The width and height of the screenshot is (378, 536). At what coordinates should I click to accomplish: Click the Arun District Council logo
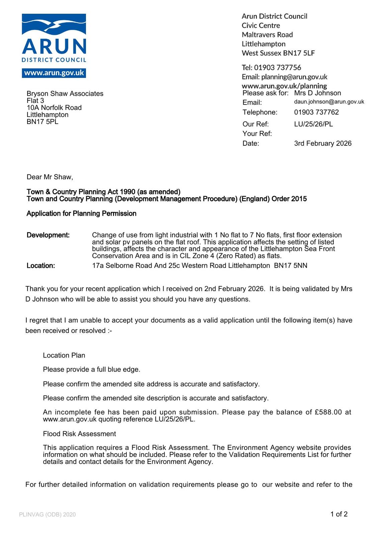54,38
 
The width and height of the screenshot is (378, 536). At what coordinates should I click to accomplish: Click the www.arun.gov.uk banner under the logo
54,73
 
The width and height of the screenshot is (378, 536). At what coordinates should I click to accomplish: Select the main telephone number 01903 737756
277,68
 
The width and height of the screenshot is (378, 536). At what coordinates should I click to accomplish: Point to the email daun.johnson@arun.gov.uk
329,102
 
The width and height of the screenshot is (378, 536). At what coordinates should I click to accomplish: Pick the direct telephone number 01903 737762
316,112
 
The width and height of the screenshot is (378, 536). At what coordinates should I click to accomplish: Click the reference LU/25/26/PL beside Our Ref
313,124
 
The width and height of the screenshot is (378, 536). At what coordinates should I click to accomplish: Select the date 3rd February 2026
322,143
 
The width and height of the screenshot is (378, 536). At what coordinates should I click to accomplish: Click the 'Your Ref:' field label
257,134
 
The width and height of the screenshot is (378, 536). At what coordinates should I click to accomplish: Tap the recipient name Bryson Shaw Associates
65,94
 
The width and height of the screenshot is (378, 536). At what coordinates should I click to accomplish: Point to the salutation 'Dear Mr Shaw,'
50,177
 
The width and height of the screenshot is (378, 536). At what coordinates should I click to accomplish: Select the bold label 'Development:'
48,235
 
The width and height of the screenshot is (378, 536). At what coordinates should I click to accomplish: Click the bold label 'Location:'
41,266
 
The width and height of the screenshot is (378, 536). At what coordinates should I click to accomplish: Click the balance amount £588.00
328,412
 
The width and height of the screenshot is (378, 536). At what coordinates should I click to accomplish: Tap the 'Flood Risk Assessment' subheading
79,434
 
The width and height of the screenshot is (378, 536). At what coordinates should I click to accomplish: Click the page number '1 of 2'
339,514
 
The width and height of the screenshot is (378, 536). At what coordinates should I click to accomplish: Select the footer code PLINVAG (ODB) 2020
48,515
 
